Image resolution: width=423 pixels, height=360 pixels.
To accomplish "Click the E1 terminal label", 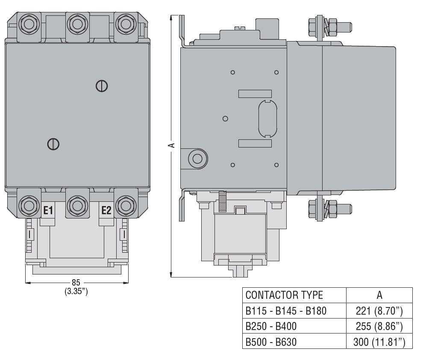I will pyautogui.click(x=48, y=210).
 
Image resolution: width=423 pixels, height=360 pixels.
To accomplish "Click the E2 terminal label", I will pyautogui.click(x=106, y=210).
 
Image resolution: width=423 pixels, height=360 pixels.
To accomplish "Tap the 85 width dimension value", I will pyautogui.click(x=76, y=283).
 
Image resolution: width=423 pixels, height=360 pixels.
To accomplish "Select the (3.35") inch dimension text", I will pyautogui.click(x=76, y=292).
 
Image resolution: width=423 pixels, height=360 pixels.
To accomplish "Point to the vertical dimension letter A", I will pyautogui.click(x=172, y=145).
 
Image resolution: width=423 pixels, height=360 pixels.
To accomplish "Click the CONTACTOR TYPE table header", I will pyautogui.click(x=284, y=295).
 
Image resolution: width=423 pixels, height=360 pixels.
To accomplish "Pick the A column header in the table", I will pyautogui.click(x=379, y=295).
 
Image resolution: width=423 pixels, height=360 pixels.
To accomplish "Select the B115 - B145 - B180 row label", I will pyautogui.click(x=286, y=311).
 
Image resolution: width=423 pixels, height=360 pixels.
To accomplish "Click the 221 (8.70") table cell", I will pyautogui.click(x=379, y=311).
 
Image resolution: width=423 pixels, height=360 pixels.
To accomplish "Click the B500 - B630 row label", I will pyautogui.click(x=271, y=342).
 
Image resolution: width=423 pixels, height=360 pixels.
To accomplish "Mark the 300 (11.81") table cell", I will pyautogui.click(x=379, y=342).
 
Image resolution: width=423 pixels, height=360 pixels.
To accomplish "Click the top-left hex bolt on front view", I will pyautogui.click(x=29, y=24).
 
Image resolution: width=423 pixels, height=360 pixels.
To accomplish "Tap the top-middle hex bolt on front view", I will pyautogui.click(x=77, y=24).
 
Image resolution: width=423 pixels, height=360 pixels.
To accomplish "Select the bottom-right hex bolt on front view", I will pyautogui.click(x=126, y=205).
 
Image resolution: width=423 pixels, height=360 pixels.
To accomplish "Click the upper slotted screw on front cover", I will pyautogui.click(x=102, y=86).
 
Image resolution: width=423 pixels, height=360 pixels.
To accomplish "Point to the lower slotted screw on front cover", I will pyautogui.click(x=53, y=144).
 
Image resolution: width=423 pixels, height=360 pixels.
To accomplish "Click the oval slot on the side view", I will pyautogui.click(x=267, y=119).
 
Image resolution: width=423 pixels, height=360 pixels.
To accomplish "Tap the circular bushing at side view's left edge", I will pyautogui.click(x=197, y=159).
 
